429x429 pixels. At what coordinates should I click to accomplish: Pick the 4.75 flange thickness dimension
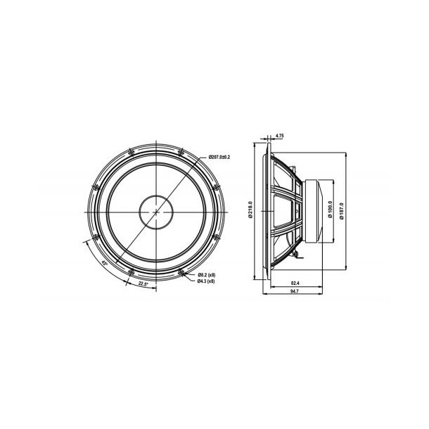click(279, 135)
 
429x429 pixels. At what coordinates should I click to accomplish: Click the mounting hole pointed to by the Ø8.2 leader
click(181, 271)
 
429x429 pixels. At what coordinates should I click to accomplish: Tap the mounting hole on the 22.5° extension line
click(131, 271)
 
